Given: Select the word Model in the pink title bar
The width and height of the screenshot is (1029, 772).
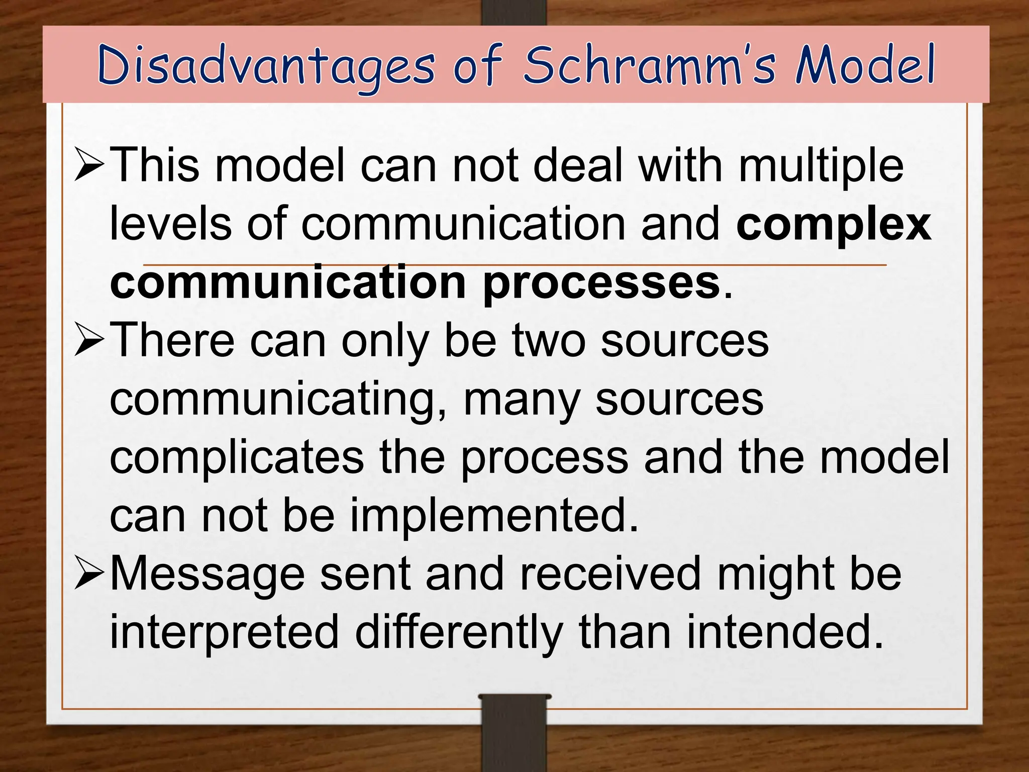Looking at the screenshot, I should pyautogui.click(x=865, y=65).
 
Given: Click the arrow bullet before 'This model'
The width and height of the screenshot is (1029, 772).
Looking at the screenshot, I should pyautogui.click(x=89, y=164).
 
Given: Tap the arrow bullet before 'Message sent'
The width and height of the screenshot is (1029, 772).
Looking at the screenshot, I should pyautogui.click(x=89, y=574).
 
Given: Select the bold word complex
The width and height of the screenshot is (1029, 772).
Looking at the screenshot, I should pyautogui.click(x=834, y=224).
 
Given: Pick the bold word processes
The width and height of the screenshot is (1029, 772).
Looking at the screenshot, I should pyautogui.click(x=601, y=282).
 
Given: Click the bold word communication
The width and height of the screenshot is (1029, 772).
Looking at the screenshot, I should pyautogui.click(x=288, y=282).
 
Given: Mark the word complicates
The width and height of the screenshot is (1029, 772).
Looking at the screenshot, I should pyautogui.click(x=237, y=458).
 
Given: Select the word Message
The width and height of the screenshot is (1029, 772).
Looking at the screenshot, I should pyautogui.click(x=207, y=574).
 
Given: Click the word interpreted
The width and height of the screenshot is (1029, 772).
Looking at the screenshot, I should pyautogui.click(x=224, y=632).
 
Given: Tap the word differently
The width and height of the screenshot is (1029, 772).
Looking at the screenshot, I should pyautogui.click(x=459, y=632).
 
